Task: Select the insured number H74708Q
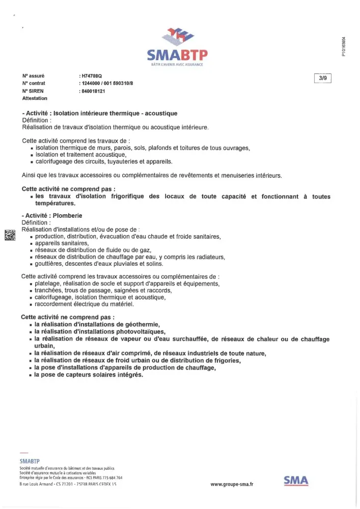pos(92,75)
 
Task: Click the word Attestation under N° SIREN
pos(35,98)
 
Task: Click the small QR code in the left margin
pos(9,235)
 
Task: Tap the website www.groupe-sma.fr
pos(232,485)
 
